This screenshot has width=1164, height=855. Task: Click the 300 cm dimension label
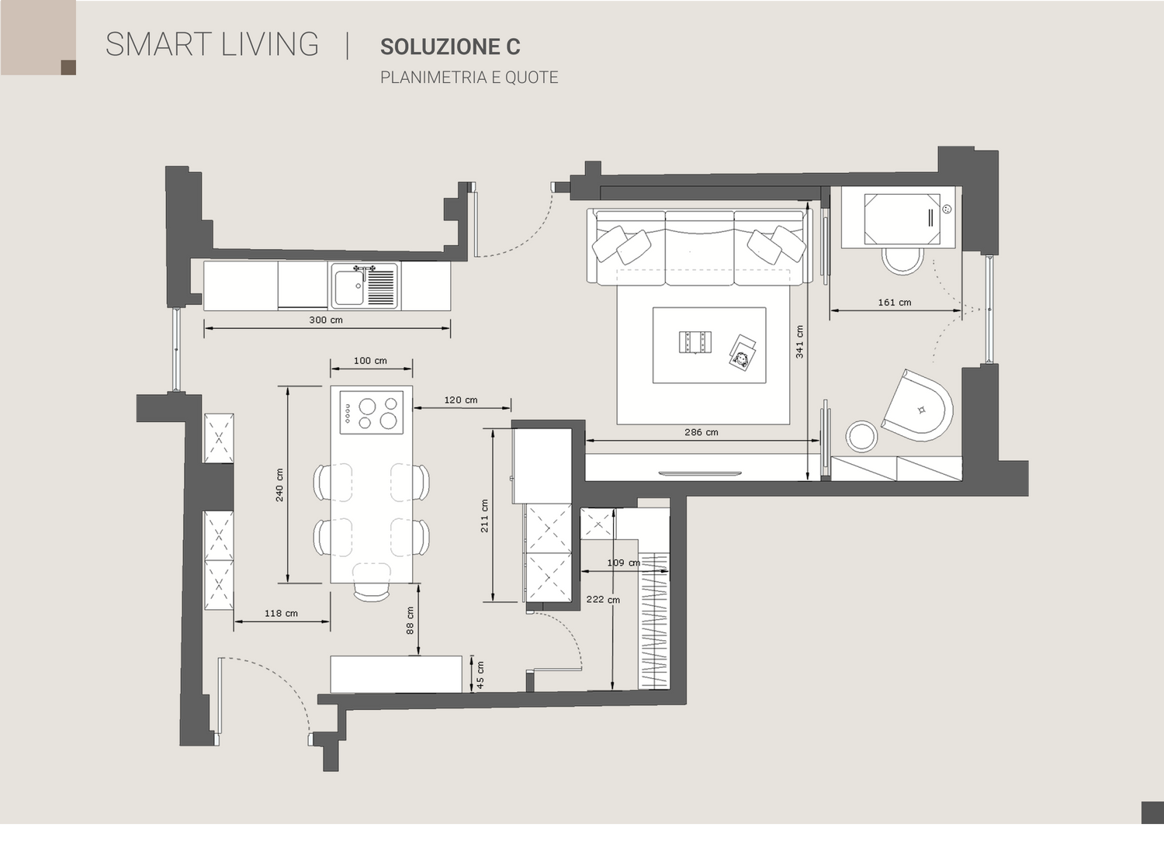(x=326, y=320)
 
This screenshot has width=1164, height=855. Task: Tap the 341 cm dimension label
(x=799, y=342)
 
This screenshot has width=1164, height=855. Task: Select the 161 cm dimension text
(x=894, y=303)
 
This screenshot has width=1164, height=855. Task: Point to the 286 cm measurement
(x=701, y=432)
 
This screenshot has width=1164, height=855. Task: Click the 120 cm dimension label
(x=460, y=400)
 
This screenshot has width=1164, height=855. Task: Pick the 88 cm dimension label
(x=410, y=620)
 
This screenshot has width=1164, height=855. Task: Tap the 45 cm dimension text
(x=480, y=675)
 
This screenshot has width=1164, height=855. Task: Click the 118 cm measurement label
(x=281, y=614)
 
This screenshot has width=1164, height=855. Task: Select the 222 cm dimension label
(x=603, y=600)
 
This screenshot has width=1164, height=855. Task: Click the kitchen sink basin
(x=349, y=287)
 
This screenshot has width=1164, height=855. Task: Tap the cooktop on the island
(x=372, y=413)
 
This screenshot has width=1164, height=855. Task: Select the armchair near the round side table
(x=918, y=406)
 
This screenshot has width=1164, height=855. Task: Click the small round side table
(x=861, y=436)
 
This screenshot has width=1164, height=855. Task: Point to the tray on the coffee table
(x=695, y=342)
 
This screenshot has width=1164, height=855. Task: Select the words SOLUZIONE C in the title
(x=450, y=47)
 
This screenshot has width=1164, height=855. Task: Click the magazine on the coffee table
(x=742, y=353)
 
